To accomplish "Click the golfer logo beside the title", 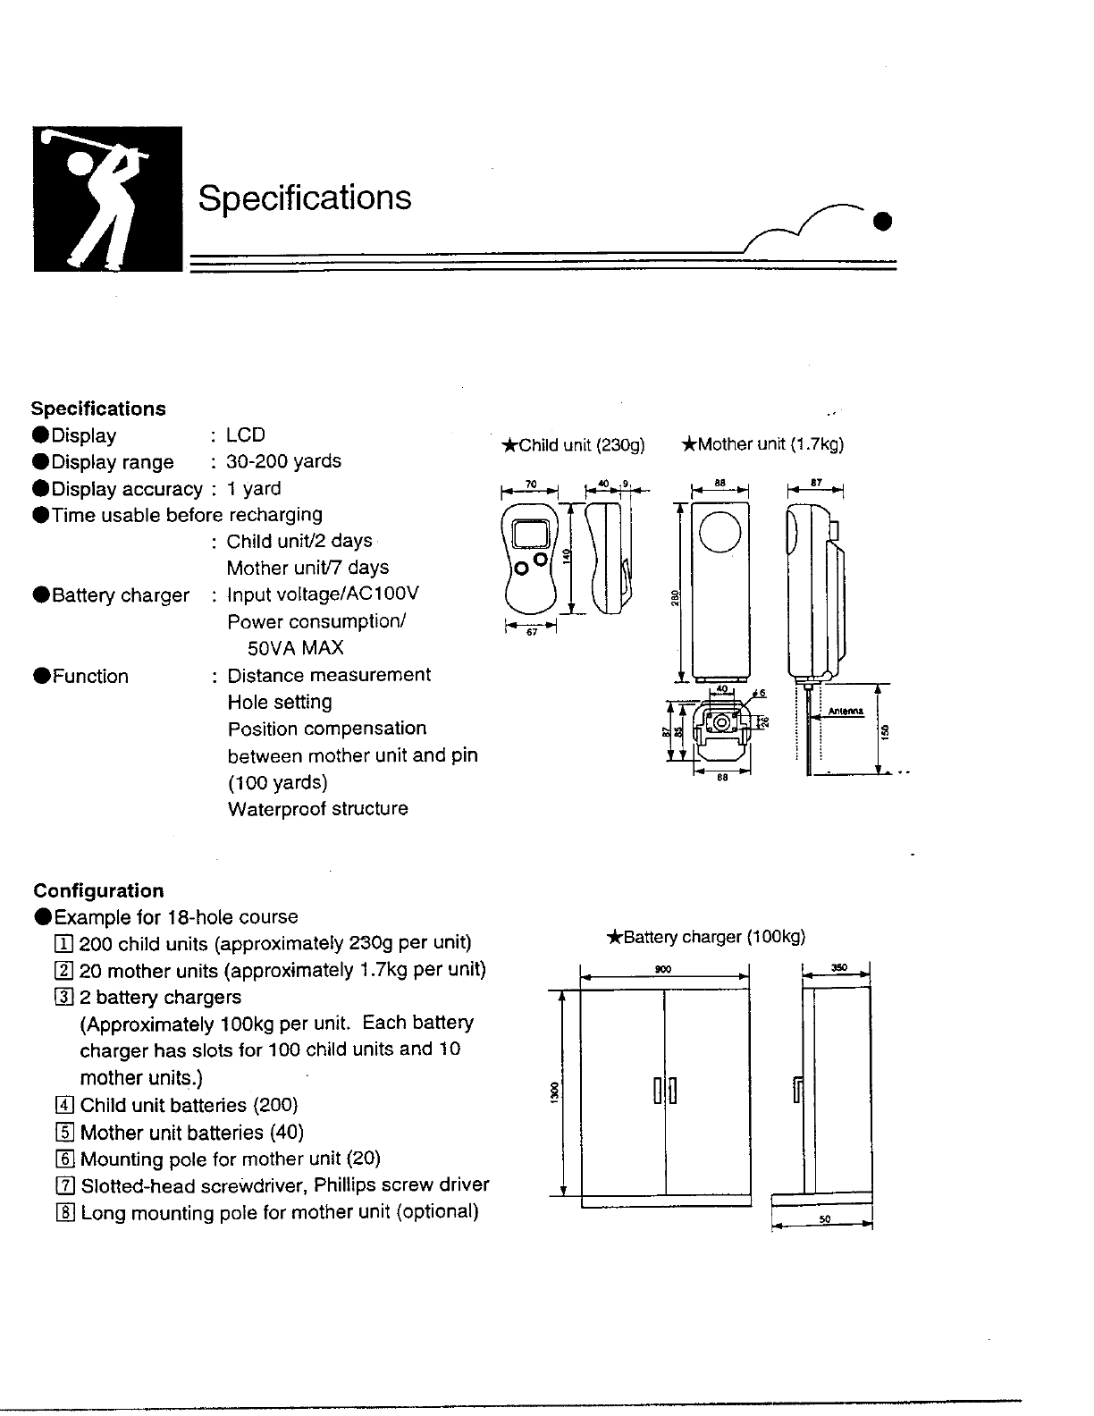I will point(107,198).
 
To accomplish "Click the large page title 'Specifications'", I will point(305,198).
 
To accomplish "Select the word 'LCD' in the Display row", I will point(246,435).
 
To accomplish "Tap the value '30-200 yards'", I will point(283,461).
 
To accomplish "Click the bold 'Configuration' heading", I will point(98,890).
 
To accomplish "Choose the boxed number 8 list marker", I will point(64,1212).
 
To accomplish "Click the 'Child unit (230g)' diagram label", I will point(573,445).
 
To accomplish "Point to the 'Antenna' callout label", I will point(845,712).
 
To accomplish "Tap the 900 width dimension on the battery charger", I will point(663,969).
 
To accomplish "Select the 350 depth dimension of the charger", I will point(838,967).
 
